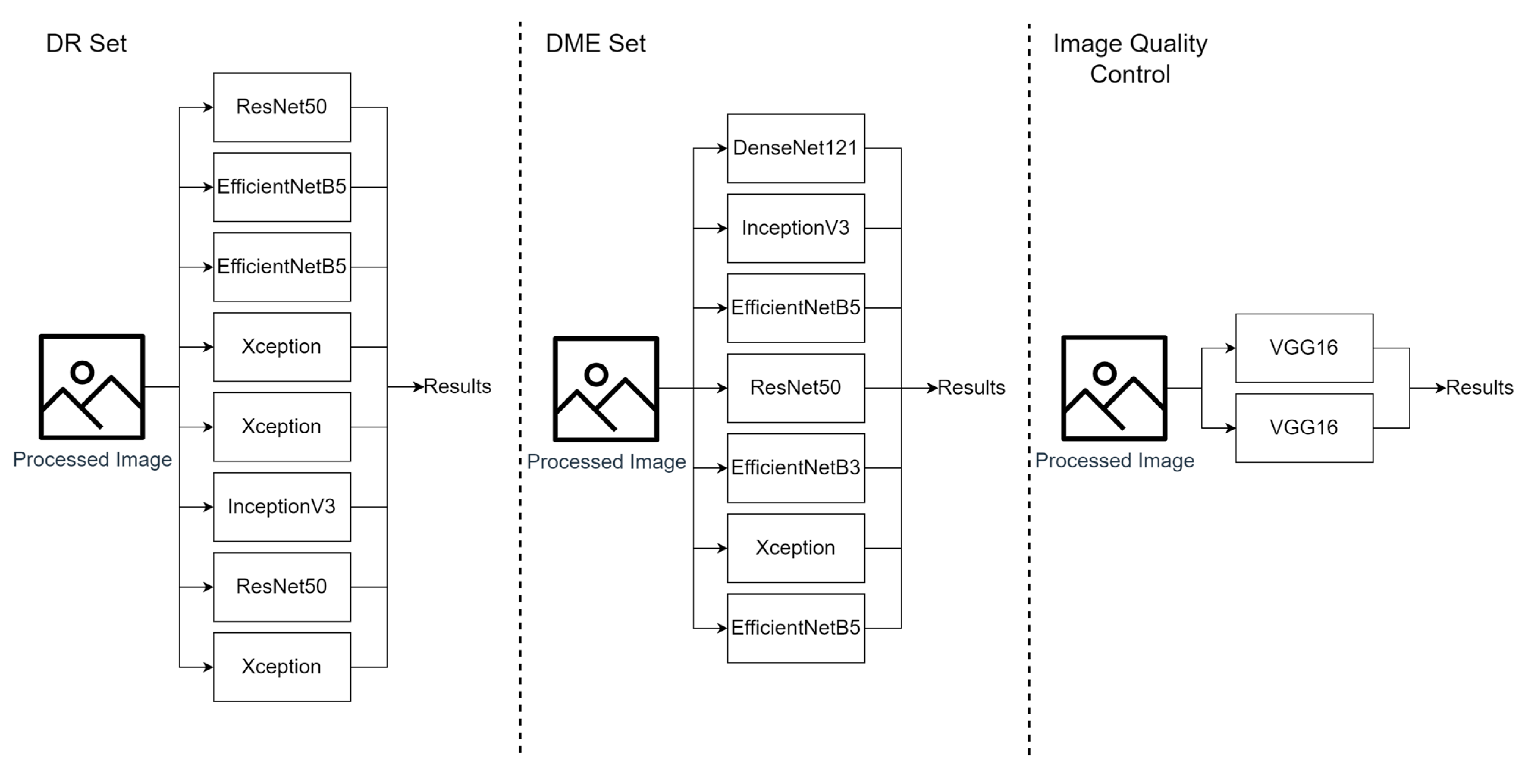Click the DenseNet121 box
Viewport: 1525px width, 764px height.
(795, 148)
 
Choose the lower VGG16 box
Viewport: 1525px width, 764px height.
(1304, 428)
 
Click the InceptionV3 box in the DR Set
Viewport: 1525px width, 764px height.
(282, 507)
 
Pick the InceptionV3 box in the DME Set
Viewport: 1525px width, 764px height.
(795, 228)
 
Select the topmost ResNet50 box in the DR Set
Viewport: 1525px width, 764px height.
(282, 107)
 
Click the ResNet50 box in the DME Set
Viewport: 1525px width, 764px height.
(795, 387)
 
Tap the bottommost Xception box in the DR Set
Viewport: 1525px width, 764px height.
(282, 667)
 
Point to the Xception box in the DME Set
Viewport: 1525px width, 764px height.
(795, 548)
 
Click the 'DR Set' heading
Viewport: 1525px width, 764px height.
(86, 43)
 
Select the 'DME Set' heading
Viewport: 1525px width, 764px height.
(596, 43)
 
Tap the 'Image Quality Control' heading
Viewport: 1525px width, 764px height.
(1130, 59)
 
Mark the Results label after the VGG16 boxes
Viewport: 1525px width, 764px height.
(1480, 387)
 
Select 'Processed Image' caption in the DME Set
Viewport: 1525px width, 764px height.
(606, 461)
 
